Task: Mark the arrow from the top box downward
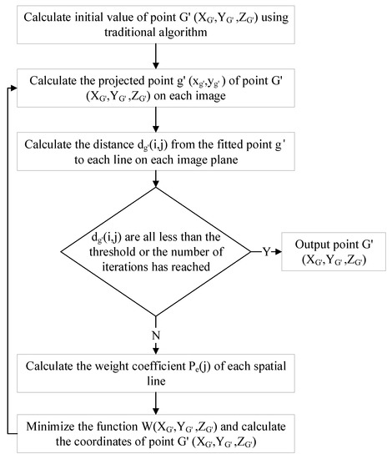(x=157, y=57)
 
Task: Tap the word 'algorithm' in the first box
(x=174, y=34)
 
